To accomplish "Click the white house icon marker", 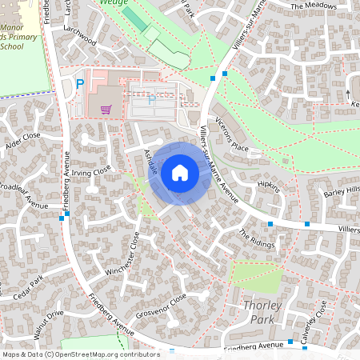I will coord(180,172).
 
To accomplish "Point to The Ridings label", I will coord(257,238).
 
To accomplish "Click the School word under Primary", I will coord(12,46).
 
